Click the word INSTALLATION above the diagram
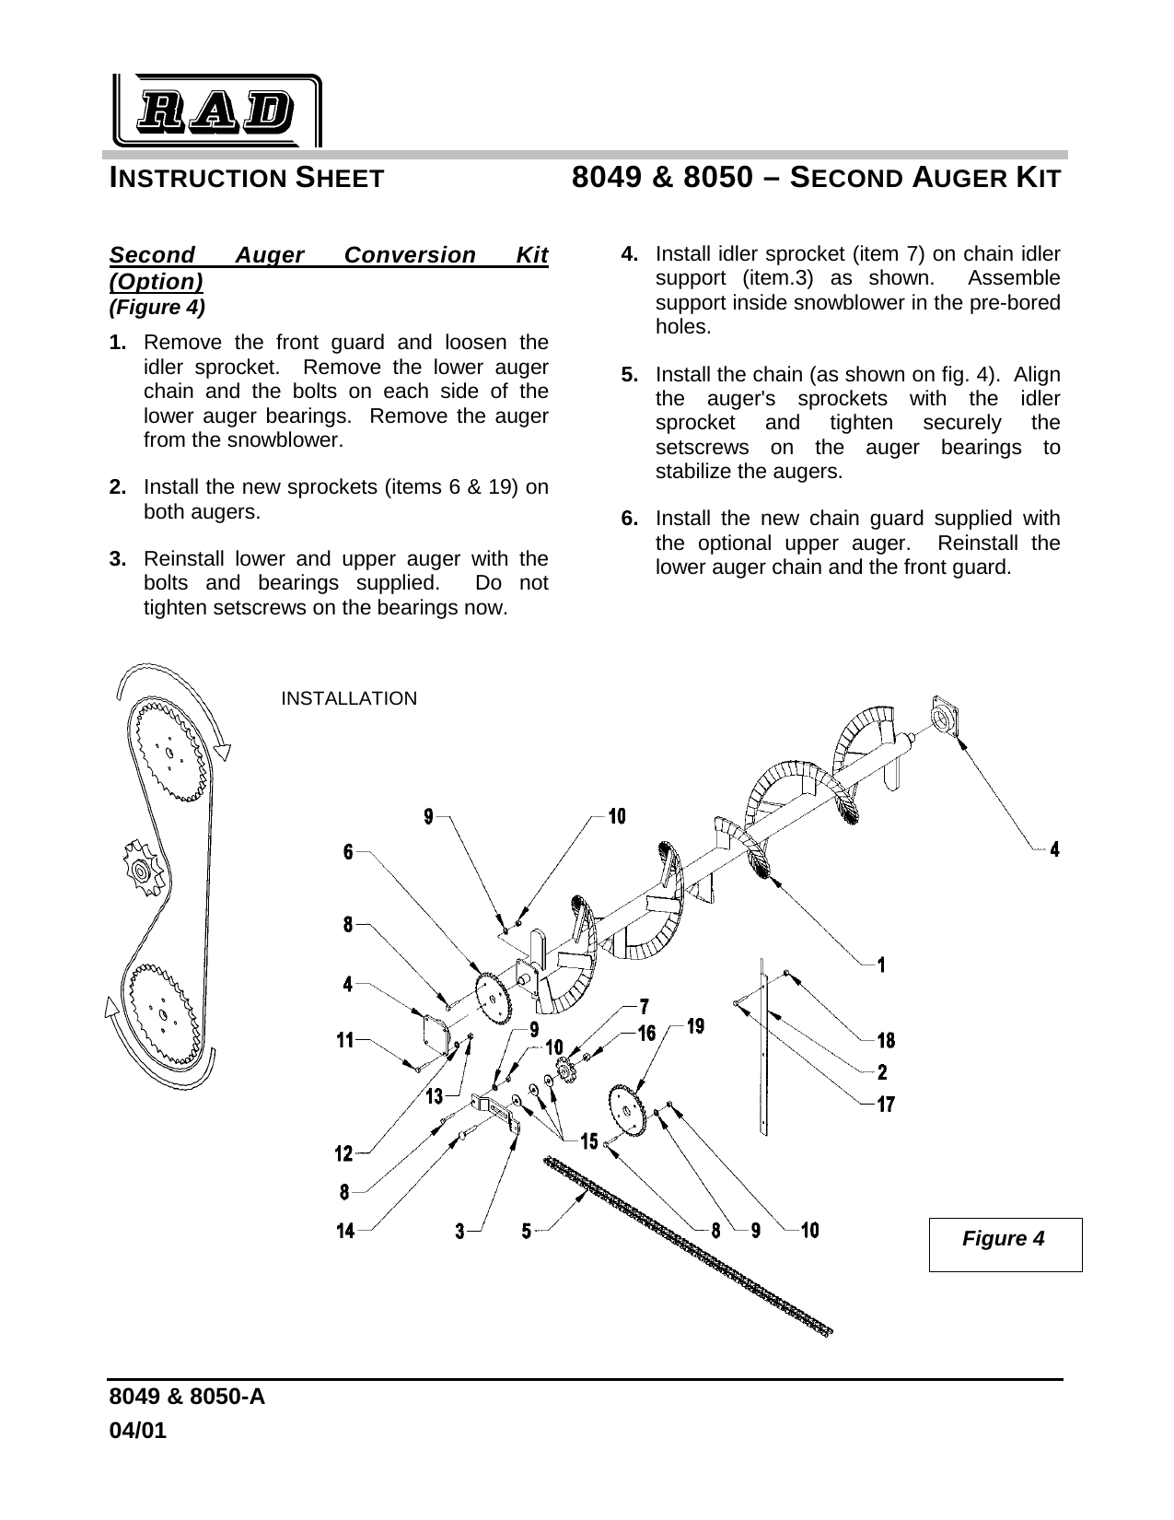coord(348,698)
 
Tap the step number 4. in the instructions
coord(631,253)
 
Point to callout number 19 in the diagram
coord(695,1025)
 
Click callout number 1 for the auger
coord(881,965)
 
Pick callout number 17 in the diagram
coord(884,1104)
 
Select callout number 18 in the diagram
coord(885,1041)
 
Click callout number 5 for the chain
coord(527,1230)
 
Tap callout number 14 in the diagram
coord(344,1230)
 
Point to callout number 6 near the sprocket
coord(348,853)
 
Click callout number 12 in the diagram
coord(344,1153)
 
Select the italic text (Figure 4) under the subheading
coord(157,305)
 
